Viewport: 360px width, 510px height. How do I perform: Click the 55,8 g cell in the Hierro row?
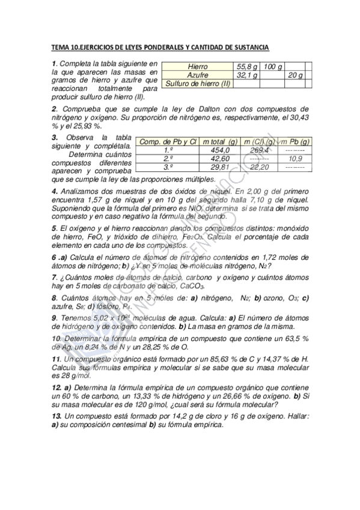tap(247, 66)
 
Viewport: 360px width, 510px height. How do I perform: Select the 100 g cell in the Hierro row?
tap(273, 66)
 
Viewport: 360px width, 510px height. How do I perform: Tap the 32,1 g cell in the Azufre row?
tap(247, 75)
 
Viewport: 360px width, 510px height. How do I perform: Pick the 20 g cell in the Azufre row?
tap(296, 75)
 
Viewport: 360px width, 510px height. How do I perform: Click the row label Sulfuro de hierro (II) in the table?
tap(198, 84)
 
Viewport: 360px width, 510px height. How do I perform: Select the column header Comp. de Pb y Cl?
tap(168, 141)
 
